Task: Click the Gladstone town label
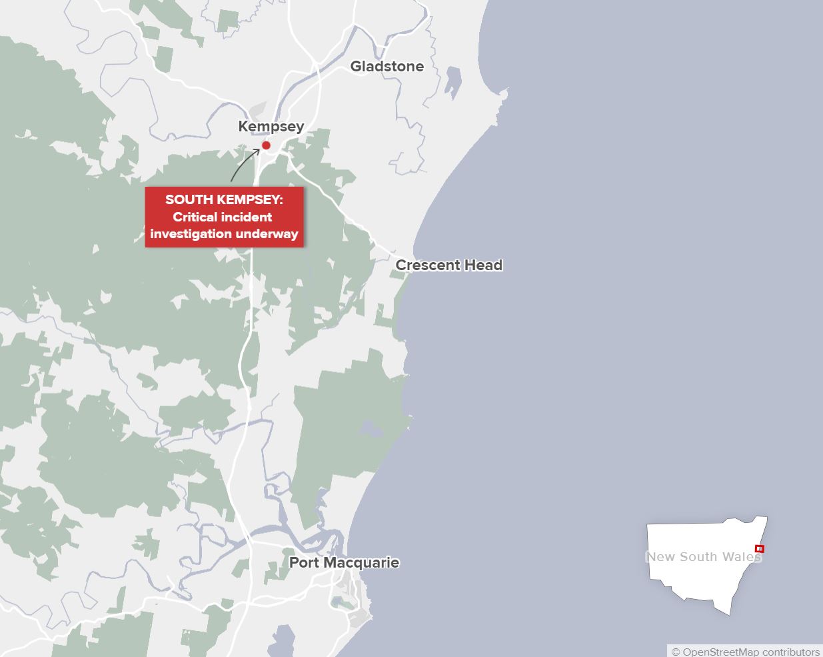pos(387,66)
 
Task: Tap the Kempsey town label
pos(271,126)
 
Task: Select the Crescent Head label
pos(448,265)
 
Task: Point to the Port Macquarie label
pos(344,562)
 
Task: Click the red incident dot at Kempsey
pos(266,145)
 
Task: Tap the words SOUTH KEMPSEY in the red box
pos(224,199)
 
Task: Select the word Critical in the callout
pos(194,217)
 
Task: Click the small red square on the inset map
pos(760,549)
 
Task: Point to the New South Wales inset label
pos(703,557)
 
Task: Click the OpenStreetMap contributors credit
pos(745,652)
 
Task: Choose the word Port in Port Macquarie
pos(303,562)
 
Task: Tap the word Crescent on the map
pos(428,265)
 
